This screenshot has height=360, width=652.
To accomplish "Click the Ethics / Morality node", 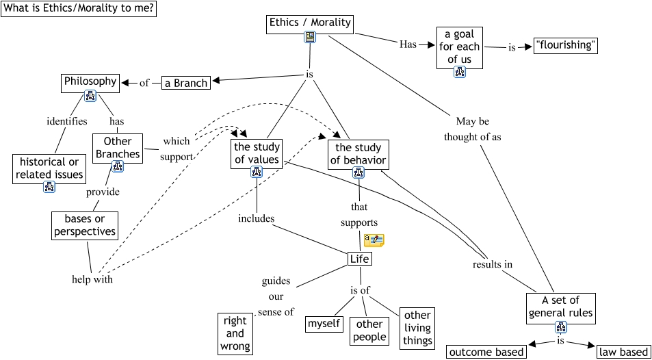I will pos(310,23).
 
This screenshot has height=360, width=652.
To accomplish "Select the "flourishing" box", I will pos(566,47).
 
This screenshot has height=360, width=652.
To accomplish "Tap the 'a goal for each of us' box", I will pos(459,47).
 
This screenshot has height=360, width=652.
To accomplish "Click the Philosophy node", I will pos(90,81).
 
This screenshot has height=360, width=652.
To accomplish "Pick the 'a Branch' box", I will pos(185,83).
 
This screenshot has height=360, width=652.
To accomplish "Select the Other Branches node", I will pos(118,148).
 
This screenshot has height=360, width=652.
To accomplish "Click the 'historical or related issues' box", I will pos(49,168).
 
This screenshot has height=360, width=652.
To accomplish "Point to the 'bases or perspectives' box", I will pos(85,226).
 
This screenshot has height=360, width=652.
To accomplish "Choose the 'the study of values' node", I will pos(257,153).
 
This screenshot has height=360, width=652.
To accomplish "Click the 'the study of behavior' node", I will pos(358,154).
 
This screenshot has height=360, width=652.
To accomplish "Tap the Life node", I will pos(359,259).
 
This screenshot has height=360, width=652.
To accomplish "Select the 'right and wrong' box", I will pos(235,333).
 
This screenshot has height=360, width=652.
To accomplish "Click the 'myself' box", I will pos(324,323).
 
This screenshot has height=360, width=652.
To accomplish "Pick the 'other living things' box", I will pos(417,327).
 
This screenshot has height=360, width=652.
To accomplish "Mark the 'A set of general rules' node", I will pos(560,307).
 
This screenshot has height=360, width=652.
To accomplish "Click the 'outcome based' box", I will pos(487,352).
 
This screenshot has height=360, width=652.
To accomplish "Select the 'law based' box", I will pos(623,352).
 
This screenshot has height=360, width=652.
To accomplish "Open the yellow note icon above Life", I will pos(374,240).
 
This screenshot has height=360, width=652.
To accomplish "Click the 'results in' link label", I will pos(492,264).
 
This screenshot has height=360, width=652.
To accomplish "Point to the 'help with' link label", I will pos(92,279).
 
